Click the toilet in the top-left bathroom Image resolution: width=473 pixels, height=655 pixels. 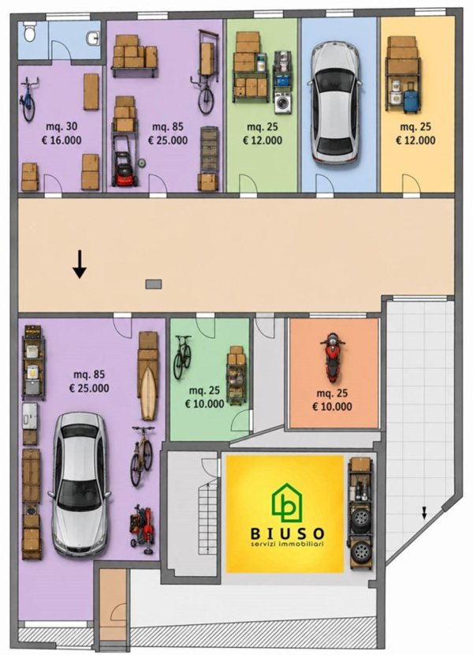(29, 33)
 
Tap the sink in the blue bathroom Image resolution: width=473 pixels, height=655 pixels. (94, 39)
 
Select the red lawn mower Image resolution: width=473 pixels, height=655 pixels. (125, 169)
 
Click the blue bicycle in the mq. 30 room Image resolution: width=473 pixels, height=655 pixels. (28, 99)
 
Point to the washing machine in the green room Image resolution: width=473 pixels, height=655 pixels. (284, 103)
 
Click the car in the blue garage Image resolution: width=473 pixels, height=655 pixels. (335, 102)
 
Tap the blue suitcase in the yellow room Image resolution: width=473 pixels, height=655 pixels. (412, 97)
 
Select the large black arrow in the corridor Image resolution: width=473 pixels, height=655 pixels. (80, 264)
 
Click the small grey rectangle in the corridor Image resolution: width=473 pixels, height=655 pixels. (153, 284)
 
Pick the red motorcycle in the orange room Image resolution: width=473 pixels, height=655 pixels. (333, 357)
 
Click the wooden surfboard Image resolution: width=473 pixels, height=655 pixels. (147, 394)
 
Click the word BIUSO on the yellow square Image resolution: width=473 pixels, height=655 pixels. (288, 533)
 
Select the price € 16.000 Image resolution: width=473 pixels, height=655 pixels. (61, 140)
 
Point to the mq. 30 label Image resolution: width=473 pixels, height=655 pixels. (61, 126)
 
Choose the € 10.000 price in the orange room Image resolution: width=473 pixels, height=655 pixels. (333, 406)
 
